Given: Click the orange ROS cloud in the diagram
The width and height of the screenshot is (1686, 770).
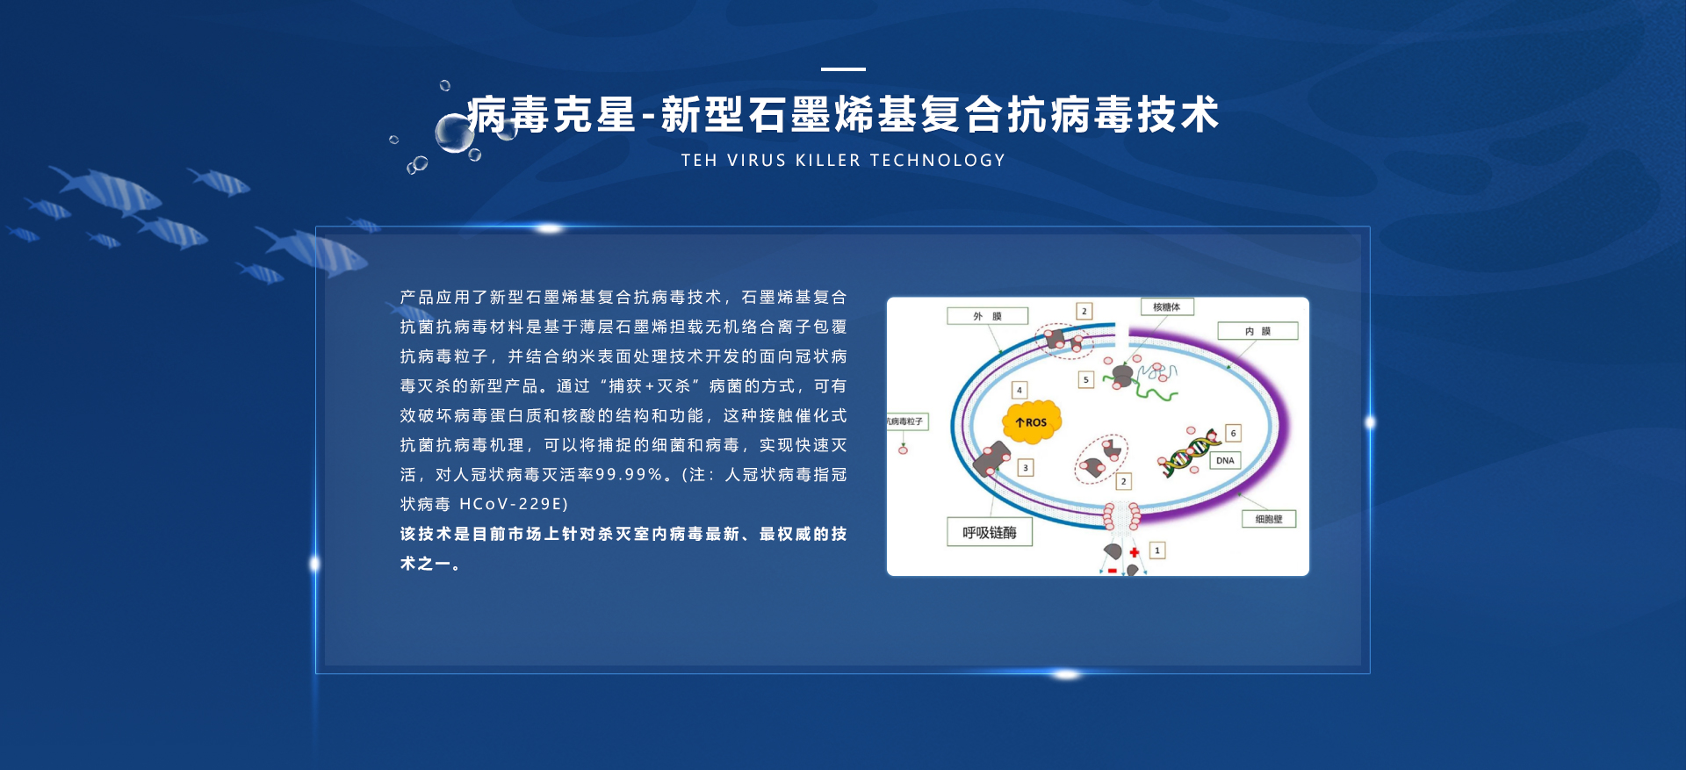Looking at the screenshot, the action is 1032,422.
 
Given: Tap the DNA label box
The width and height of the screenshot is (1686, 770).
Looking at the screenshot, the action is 1225,460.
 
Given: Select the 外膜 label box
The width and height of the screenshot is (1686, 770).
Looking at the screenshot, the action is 987,316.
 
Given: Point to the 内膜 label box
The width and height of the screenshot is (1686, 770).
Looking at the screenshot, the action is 1257,331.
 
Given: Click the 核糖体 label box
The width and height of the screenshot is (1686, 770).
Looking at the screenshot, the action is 1167,306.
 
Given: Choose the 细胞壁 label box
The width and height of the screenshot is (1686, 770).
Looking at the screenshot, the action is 1269,519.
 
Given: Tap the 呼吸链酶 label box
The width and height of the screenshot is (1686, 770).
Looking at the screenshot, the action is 990,532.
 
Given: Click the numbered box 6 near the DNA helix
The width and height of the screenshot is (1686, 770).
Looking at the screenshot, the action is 1233,433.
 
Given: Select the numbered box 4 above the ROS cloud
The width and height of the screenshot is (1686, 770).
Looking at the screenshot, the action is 1020,390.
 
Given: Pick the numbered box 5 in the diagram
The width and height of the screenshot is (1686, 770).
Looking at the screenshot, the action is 1086,379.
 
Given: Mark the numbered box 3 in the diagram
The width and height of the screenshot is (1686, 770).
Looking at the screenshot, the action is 1025,468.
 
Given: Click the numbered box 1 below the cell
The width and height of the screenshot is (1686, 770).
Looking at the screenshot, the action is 1157,551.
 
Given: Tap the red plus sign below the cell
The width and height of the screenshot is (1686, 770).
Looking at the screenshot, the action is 1135,552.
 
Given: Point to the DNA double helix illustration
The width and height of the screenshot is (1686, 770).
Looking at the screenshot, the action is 1188,452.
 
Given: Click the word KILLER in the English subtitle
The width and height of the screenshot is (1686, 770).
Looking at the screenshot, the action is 828,161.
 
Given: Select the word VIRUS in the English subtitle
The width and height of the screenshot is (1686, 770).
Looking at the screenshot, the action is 756,161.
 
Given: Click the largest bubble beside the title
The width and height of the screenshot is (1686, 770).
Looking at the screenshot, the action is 455,133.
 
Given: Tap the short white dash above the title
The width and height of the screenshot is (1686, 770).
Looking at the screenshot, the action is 843,68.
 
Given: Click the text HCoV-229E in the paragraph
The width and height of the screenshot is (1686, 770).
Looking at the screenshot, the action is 514,504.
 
